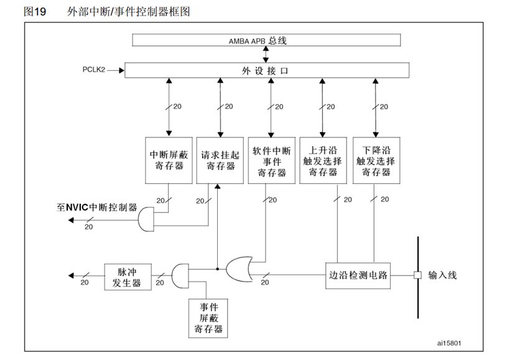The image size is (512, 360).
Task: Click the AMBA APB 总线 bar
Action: (266, 40)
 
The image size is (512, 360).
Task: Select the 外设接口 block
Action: (266, 70)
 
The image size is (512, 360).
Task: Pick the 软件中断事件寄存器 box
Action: (272, 160)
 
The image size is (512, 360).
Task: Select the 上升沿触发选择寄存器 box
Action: (323, 160)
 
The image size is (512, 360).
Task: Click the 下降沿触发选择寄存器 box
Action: (375, 160)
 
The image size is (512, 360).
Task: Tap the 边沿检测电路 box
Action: (358, 274)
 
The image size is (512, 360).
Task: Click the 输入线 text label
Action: (443, 274)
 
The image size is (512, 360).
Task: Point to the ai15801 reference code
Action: (449, 342)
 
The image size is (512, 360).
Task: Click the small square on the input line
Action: (417, 274)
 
